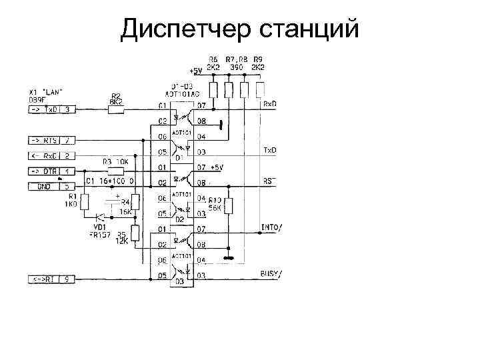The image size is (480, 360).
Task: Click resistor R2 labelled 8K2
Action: [115, 108]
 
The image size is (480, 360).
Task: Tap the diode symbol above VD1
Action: [100, 217]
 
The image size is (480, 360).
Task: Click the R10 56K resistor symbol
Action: [228, 207]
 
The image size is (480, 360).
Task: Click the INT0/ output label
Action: [271, 227]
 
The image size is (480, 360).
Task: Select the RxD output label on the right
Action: [270, 104]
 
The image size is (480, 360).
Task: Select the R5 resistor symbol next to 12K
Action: [135, 233]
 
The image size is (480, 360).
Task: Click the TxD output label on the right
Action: [270, 150]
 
